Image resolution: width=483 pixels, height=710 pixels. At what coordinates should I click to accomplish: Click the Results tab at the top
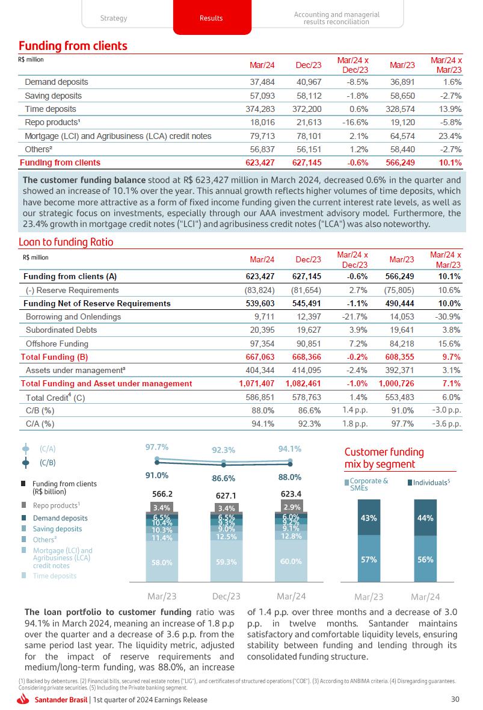click(211, 18)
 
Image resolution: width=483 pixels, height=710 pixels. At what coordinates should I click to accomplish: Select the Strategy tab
click(114, 18)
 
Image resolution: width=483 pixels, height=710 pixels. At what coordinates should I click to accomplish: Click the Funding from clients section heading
click(73, 46)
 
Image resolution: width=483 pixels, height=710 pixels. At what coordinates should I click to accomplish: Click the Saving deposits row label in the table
click(53, 96)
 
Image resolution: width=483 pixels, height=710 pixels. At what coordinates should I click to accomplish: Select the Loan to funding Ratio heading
click(66, 242)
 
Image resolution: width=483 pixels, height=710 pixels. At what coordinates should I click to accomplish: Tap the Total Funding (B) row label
click(55, 357)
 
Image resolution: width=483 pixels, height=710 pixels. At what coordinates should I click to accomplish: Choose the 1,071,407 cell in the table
click(257, 383)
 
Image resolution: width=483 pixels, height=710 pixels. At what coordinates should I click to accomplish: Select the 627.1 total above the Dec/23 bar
click(226, 496)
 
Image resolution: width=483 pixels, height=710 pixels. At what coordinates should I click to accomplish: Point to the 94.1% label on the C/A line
click(289, 449)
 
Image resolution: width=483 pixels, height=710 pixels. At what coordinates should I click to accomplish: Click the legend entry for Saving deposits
click(57, 529)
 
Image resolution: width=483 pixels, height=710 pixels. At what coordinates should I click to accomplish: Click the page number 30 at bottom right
click(455, 699)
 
